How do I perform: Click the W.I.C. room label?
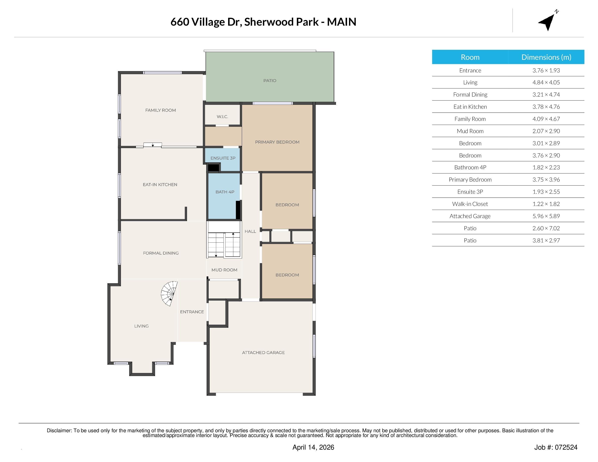click(222, 117)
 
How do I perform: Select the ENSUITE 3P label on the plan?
click(223, 158)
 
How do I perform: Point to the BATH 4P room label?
click(225, 192)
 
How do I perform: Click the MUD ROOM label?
click(224, 270)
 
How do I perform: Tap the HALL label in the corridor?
click(250, 231)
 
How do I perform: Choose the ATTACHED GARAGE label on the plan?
click(263, 352)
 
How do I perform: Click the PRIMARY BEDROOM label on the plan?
click(277, 142)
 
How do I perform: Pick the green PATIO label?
click(270, 80)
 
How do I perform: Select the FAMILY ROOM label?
click(160, 110)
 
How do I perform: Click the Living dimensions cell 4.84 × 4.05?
click(546, 82)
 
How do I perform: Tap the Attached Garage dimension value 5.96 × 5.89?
click(546, 216)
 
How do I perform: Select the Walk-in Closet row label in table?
click(470, 204)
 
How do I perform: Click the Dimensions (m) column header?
click(546, 57)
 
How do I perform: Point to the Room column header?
click(470, 57)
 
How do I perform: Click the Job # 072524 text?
click(556, 447)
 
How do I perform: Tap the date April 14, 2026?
click(313, 447)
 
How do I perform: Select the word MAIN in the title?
click(341, 22)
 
